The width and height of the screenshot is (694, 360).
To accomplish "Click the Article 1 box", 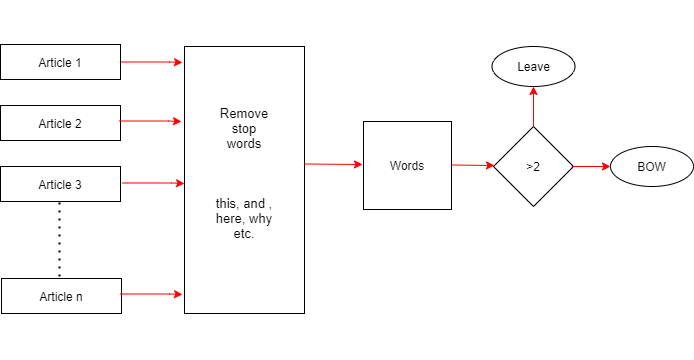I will click(x=60, y=62).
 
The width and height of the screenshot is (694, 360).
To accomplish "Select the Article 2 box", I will click(x=60, y=123).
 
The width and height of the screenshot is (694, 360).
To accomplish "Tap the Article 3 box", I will click(x=60, y=184).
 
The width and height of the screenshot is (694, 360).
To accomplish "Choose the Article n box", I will click(x=60, y=296).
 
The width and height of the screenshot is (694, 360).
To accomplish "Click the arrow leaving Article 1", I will click(x=151, y=62).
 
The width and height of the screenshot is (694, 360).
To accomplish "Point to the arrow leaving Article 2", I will click(x=151, y=122).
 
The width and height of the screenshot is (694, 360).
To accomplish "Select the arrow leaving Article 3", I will click(x=151, y=183).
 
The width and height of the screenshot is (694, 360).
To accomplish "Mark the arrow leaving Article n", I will click(x=151, y=295).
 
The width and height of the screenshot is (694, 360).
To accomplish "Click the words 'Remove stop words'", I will click(x=243, y=129).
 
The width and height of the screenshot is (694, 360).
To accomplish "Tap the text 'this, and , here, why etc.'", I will click(x=243, y=219).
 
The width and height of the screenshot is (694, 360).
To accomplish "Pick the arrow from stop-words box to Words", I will click(x=333, y=164).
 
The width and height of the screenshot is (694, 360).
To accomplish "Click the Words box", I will click(x=407, y=165).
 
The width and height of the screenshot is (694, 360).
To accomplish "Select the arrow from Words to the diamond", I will click(x=472, y=166).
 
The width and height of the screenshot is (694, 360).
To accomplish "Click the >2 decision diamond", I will click(x=533, y=166).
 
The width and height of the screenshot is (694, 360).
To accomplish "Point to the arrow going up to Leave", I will click(x=533, y=106).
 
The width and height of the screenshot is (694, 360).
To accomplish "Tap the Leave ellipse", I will click(x=533, y=67).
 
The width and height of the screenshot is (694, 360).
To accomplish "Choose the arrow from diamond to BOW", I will click(x=591, y=167).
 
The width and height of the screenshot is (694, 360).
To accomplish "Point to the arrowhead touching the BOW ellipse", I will click(x=605, y=167).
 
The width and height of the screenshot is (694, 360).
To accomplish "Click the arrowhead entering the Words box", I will click(x=358, y=164).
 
